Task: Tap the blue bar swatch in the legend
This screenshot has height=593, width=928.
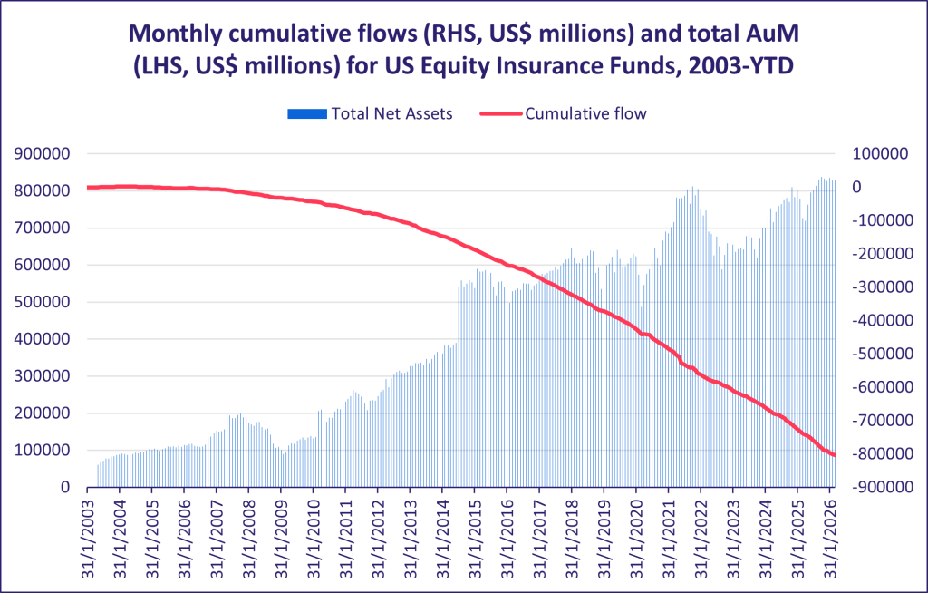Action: (306, 114)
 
